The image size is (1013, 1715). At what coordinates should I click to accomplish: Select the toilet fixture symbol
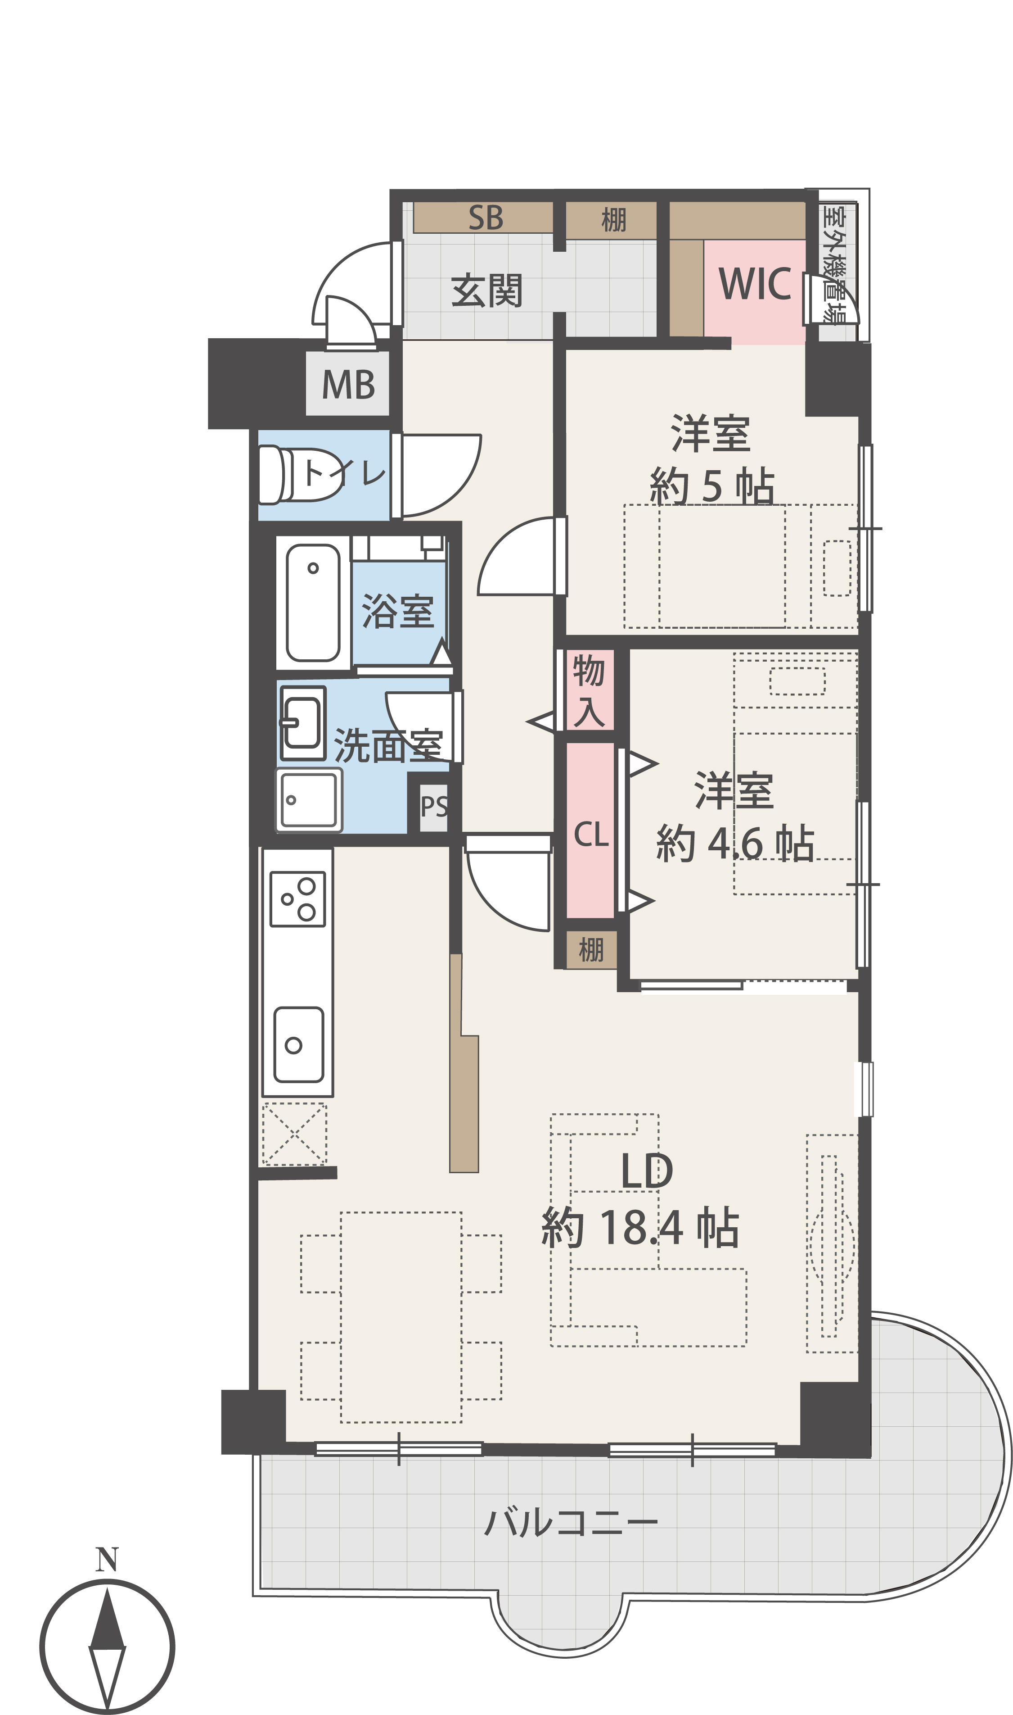pyautogui.click(x=300, y=474)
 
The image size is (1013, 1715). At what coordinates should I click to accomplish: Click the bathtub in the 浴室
pyautogui.click(x=313, y=603)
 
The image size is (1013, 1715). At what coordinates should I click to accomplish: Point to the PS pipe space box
pyautogui.click(x=433, y=807)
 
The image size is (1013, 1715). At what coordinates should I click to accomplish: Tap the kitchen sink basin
pyautogui.click(x=298, y=1044)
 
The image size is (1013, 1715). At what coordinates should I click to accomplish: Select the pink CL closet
pyautogui.click(x=590, y=830)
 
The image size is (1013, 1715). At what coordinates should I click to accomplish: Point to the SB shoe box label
pyautogui.click(x=486, y=218)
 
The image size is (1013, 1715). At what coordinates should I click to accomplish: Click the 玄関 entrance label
pyautogui.click(x=487, y=290)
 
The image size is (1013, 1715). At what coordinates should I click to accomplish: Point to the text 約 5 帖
pyautogui.click(x=711, y=486)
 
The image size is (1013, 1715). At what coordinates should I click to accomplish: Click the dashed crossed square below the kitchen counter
pyautogui.click(x=295, y=1134)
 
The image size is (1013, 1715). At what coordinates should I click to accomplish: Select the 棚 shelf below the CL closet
pyautogui.click(x=591, y=949)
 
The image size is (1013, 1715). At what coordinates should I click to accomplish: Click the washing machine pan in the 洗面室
pyautogui.click(x=309, y=800)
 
